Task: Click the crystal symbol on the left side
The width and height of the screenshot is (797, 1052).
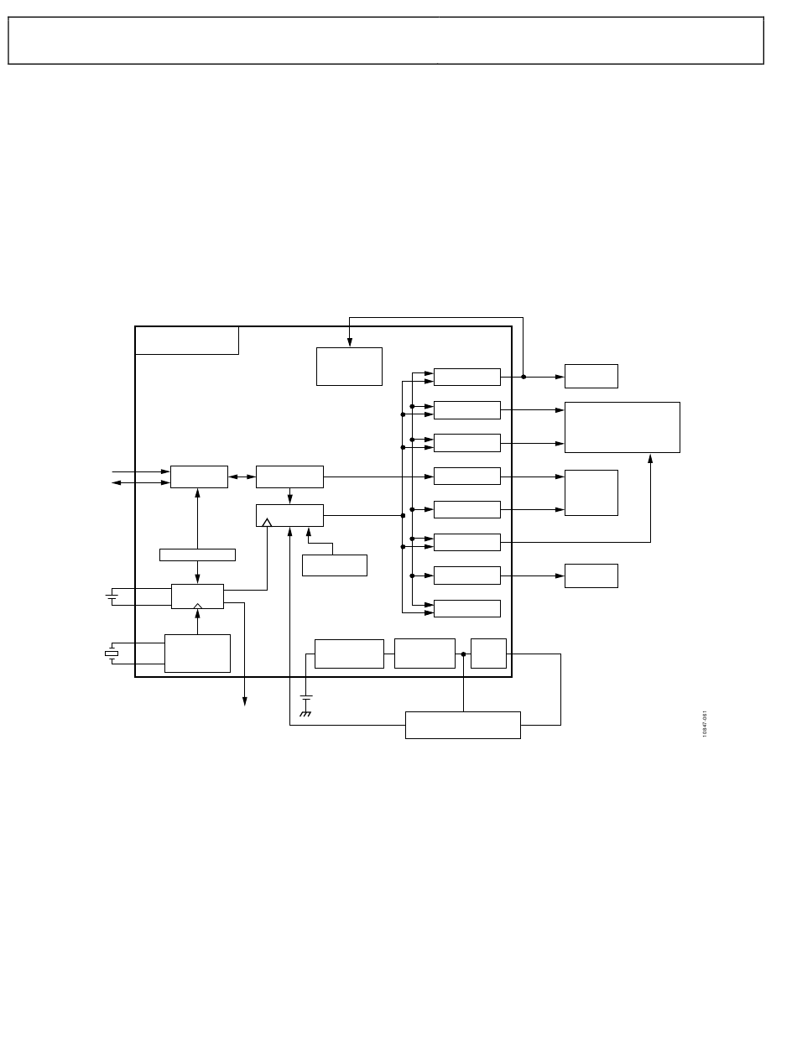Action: tap(111, 653)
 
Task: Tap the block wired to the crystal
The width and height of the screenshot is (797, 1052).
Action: tap(197, 653)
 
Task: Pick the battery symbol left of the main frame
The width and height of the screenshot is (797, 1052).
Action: tap(111, 596)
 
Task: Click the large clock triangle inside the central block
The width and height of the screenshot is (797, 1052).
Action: tap(267, 523)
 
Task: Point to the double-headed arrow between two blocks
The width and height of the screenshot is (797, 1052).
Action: tap(242, 477)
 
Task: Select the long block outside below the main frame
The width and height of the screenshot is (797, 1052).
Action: tap(462, 725)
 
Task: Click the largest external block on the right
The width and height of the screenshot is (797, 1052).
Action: tap(622, 427)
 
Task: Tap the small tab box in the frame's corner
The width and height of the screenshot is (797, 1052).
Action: tap(187, 340)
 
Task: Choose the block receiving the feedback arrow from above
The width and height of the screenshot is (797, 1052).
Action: tap(349, 367)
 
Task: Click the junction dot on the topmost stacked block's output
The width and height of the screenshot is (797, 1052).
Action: tap(524, 377)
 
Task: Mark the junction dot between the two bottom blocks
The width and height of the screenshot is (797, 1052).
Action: tap(463, 654)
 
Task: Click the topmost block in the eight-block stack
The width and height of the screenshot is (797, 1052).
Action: tap(466, 377)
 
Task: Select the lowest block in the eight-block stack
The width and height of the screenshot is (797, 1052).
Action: tap(466, 608)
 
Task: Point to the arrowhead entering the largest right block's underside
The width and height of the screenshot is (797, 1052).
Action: tap(650, 457)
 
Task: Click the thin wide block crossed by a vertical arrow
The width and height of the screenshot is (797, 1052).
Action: tap(197, 555)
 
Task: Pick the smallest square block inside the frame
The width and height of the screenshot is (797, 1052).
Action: tap(488, 654)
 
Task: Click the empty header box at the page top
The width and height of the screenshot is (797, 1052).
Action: tap(386, 40)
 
